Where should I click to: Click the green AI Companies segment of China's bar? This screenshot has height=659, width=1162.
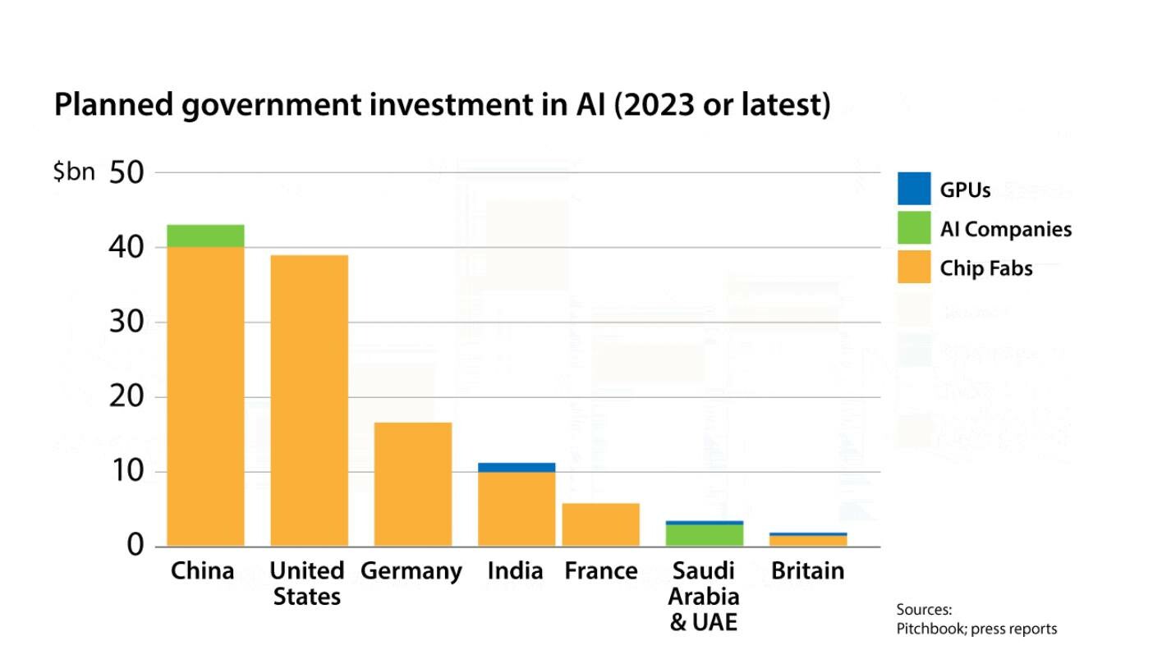pyautogui.click(x=206, y=236)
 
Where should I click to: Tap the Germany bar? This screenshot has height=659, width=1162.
pyautogui.click(x=412, y=484)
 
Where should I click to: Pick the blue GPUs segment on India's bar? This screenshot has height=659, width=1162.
pyautogui.click(x=516, y=467)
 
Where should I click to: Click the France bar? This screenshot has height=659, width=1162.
pyautogui.click(x=600, y=524)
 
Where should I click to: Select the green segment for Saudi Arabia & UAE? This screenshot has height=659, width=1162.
pyautogui.click(x=704, y=535)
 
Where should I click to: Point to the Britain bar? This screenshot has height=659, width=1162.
pyautogui.click(x=808, y=540)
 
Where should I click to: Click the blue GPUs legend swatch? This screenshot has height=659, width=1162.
pyautogui.click(x=914, y=189)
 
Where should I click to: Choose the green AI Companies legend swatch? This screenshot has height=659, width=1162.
pyautogui.click(x=914, y=228)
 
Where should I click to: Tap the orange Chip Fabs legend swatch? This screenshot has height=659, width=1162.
pyautogui.click(x=914, y=268)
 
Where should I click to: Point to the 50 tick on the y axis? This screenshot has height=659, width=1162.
pyautogui.click(x=126, y=172)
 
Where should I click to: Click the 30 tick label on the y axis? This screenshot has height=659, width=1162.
pyautogui.click(x=126, y=322)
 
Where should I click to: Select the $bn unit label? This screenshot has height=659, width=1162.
pyautogui.click(x=74, y=172)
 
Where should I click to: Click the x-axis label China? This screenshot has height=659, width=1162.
pyautogui.click(x=202, y=570)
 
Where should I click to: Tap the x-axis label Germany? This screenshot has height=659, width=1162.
pyautogui.click(x=411, y=570)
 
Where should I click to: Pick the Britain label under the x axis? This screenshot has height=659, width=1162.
pyautogui.click(x=807, y=570)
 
